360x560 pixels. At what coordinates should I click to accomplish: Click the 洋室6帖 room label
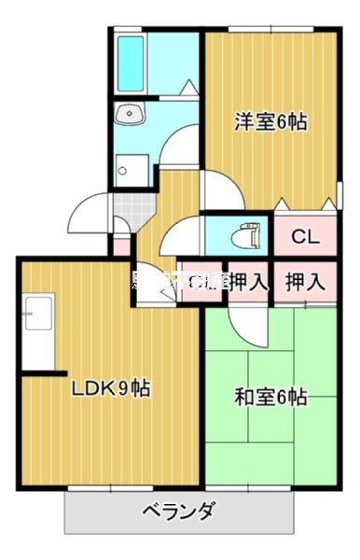click(x=271, y=121)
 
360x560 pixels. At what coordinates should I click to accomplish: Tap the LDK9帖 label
click(x=111, y=386)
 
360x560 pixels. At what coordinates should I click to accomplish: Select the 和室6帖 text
click(x=270, y=397)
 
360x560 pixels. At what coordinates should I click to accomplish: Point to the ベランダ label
click(x=180, y=511)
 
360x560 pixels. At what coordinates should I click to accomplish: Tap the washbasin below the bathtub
click(x=129, y=115)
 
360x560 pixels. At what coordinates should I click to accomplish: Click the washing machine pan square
click(x=126, y=170)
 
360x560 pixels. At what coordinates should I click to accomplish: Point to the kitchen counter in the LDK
click(x=37, y=331)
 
